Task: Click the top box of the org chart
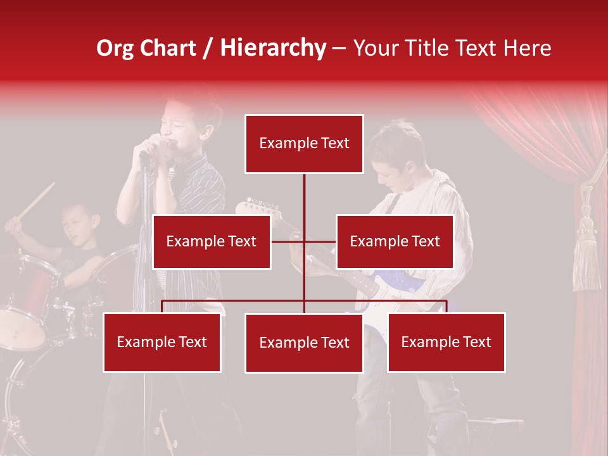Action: pos(304,144)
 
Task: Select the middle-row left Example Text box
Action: pos(212,241)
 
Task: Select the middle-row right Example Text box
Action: pos(395,241)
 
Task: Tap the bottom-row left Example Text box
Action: pos(162,342)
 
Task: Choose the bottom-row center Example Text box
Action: pos(304,343)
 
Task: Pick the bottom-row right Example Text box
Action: pos(446,342)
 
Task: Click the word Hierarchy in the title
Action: pos(273,48)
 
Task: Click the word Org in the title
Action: pos(115,48)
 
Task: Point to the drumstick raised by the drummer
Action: pos(37,200)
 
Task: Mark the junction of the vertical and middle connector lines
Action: pos(304,241)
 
